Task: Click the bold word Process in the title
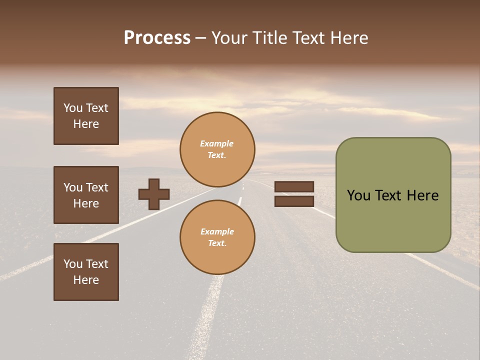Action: tap(157, 38)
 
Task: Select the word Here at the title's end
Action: tap(347, 38)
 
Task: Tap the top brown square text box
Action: tap(86, 116)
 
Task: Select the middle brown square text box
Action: tap(86, 195)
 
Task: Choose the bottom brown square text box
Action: tap(86, 272)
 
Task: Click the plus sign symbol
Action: tap(154, 194)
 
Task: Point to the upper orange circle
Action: tap(217, 149)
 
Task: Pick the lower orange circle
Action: tap(217, 237)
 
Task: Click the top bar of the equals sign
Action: tap(294, 187)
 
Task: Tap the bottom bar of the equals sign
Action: tap(294, 201)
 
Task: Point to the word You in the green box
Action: tap(358, 195)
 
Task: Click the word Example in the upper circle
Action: tap(217, 143)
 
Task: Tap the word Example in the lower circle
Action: tap(217, 231)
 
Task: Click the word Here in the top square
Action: tap(86, 124)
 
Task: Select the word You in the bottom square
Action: tap(72, 264)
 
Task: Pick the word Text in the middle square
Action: tap(96, 187)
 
